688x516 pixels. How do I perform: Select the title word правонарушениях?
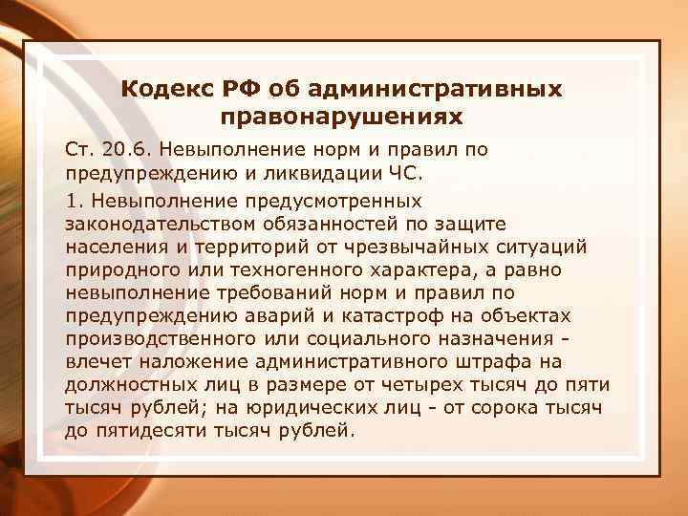(x=341, y=118)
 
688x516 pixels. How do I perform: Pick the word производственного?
(x=156, y=338)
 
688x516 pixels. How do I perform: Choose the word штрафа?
(x=495, y=361)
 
